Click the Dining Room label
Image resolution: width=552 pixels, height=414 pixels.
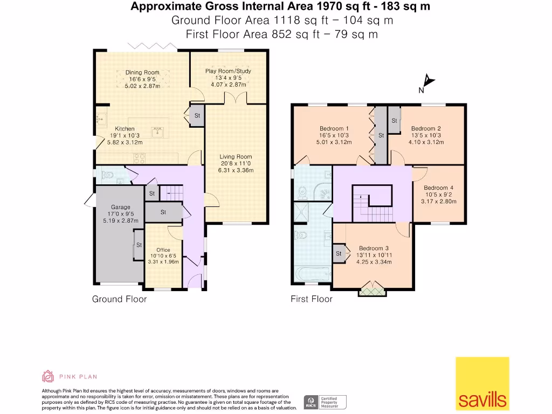[x=142, y=72]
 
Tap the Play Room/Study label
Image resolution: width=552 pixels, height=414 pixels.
[x=228, y=71]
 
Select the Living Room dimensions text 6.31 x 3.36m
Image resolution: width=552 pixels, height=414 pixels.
[x=235, y=170]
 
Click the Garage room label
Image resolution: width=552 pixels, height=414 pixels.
[x=121, y=206]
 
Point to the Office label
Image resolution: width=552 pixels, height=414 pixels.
[x=163, y=250]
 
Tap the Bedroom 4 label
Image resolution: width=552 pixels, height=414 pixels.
[x=438, y=188]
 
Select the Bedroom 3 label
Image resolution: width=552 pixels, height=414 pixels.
[x=374, y=248]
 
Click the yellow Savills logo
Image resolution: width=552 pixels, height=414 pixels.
[x=482, y=383]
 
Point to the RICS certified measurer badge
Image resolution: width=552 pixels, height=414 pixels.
[x=325, y=402]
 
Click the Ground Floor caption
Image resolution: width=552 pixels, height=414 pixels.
[x=119, y=299]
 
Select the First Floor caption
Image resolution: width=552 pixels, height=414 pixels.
[x=312, y=299]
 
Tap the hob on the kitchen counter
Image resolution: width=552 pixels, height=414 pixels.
[x=140, y=158]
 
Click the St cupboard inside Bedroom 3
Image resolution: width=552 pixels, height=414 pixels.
[x=339, y=253]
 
